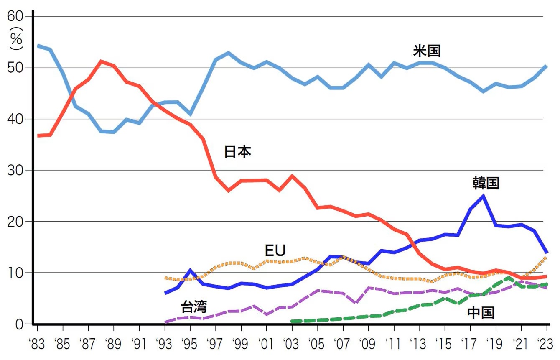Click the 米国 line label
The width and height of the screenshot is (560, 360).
pyautogui.click(x=427, y=51)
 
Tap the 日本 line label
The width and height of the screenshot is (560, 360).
pyautogui.click(x=237, y=152)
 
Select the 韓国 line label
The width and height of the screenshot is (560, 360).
pyautogui.click(x=486, y=183)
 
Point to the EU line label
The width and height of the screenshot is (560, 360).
pyautogui.click(x=275, y=250)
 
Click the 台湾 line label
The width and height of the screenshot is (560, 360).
pyautogui.click(x=193, y=307)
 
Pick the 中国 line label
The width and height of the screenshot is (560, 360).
pyautogui.click(x=481, y=312)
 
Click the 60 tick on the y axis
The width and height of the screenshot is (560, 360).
pyautogui.click(x=16, y=17)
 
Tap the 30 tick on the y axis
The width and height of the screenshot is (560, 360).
pyautogui.click(x=16, y=170)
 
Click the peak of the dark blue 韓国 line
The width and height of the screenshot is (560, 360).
pyautogui.click(x=484, y=196)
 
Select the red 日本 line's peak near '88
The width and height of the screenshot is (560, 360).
pyautogui.click(x=101, y=61)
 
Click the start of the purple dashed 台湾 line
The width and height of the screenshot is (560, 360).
pyautogui.click(x=165, y=322)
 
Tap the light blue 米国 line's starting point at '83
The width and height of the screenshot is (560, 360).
pyautogui.click(x=38, y=45)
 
